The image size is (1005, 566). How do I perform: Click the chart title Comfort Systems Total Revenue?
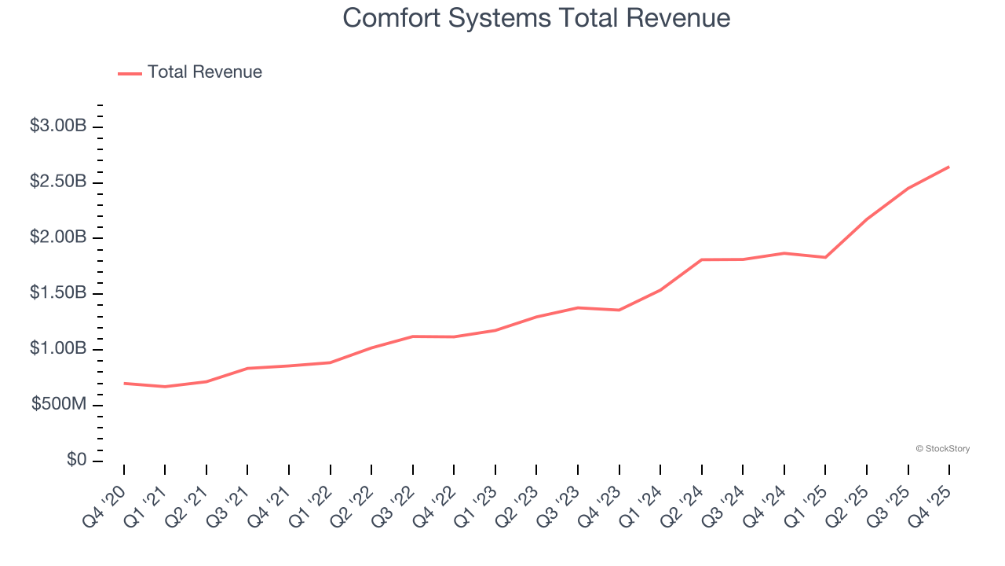point(536,18)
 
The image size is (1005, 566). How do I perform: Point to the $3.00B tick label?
point(58,126)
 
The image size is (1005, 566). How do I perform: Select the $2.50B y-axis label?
point(58,182)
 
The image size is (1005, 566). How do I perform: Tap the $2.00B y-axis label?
point(58,237)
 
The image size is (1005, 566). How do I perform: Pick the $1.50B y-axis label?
point(58,293)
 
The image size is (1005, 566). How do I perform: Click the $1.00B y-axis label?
point(58,349)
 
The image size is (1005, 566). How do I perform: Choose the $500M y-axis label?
point(59,405)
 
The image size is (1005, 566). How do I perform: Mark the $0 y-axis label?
point(76,461)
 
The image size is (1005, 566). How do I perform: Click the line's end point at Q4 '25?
point(949,167)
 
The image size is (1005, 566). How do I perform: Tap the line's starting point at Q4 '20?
point(124,384)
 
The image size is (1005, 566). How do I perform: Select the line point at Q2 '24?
point(701,259)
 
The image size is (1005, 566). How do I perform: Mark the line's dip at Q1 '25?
point(825,257)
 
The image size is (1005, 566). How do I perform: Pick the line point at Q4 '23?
point(619,310)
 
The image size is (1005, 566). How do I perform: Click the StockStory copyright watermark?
point(942,449)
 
